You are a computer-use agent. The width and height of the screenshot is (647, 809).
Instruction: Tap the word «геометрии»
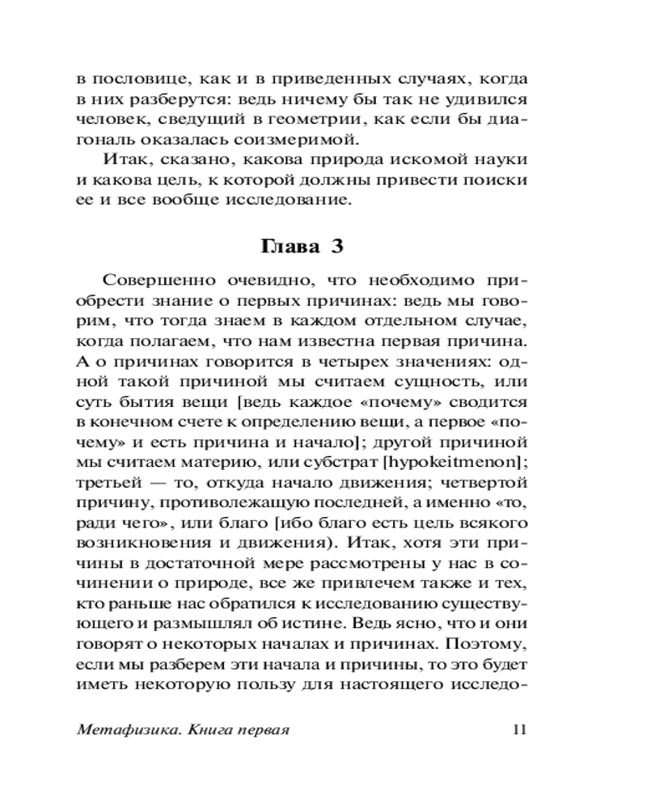[309, 120]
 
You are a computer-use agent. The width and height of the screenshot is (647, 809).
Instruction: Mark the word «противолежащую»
[231, 502]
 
